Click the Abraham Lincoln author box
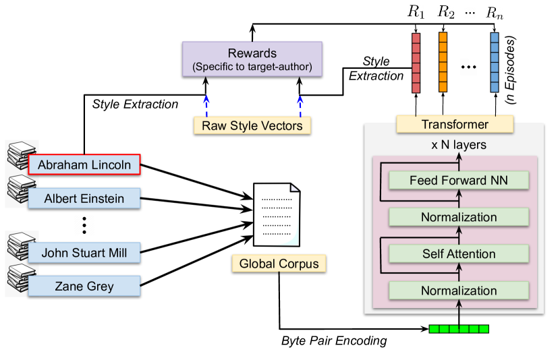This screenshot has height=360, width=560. (x=84, y=164)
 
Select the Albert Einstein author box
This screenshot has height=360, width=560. (x=84, y=198)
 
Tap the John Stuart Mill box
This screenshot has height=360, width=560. (x=84, y=253)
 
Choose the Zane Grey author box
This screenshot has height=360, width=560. (x=84, y=286)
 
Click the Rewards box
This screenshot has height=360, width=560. (x=252, y=59)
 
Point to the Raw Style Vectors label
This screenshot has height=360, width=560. (x=252, y=125)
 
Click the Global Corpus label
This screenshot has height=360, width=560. (x=279, y=264)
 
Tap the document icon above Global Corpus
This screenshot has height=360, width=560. (x=275, y=214)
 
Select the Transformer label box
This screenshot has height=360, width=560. (x=455, y=125)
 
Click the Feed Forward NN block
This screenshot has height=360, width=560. (x=459, y=180)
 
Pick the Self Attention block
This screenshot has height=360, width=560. (x=459, y=254)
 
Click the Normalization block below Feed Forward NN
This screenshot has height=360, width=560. (x=459, y=217)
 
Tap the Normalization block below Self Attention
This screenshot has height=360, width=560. (x=459, y=291)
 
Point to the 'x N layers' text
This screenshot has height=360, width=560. (x=459, y=145)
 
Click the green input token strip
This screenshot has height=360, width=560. (x=459, y=329)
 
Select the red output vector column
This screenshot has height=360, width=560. (x=416, y=63)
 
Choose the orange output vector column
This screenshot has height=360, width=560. (x=443, y=62)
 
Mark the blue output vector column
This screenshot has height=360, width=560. (x=495, y=62)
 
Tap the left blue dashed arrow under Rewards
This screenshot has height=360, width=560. (x=206, y=104)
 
